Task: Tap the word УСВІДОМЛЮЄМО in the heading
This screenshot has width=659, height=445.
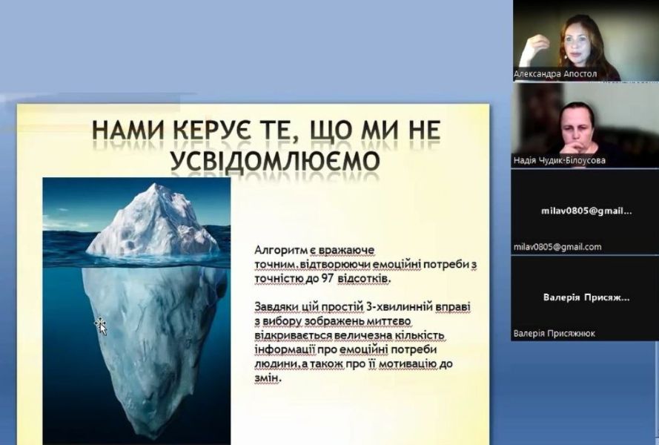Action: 275,160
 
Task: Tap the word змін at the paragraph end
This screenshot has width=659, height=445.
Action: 266,378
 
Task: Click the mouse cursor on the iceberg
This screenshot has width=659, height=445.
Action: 101,326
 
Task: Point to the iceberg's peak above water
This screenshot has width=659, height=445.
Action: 157,185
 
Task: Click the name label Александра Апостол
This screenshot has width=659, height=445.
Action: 554,74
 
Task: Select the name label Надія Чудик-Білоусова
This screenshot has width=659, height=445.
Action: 560,160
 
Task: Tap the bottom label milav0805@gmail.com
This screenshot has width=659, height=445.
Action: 557,247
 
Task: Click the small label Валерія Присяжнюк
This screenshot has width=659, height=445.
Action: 554,334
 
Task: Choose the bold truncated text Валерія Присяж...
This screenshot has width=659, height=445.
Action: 586,297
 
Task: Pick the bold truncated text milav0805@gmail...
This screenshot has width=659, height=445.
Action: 586,211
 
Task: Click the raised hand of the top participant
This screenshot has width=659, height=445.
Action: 536,44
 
